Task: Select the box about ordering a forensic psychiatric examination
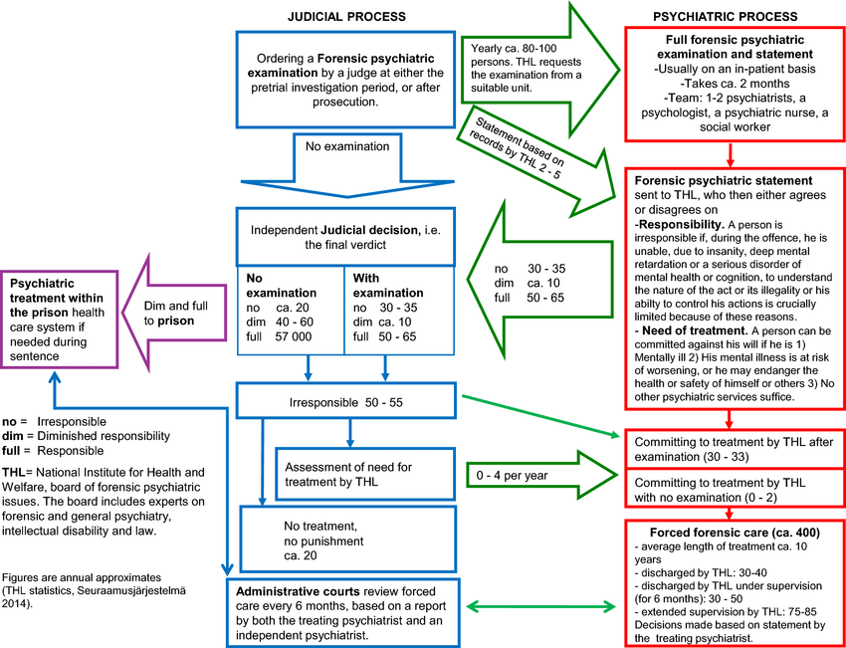pos(340,81)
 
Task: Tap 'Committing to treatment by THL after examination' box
pos(730,451)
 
